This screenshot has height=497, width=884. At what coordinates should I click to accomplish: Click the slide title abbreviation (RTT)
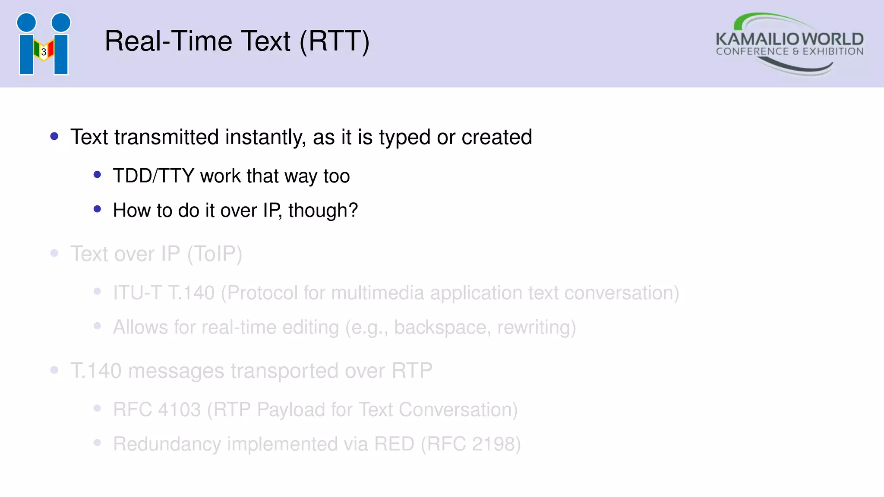coord(335,42)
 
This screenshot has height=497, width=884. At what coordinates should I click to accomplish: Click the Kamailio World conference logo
coord(789,44)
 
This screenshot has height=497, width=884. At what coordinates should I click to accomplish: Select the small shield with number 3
coord(44,52)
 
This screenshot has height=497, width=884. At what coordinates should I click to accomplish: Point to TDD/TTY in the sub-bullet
coord(154,176)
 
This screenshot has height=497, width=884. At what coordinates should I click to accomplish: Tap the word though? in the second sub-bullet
coord(323,211)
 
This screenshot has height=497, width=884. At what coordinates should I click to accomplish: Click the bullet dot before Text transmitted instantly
coord(54,137)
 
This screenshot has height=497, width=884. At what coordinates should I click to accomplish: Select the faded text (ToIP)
coord(215,254)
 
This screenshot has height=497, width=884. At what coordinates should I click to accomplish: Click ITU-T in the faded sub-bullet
coord(137,293)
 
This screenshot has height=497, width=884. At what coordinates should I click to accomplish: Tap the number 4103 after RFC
coord(179,410)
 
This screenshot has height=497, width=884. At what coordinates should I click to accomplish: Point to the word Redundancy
coord(167,444)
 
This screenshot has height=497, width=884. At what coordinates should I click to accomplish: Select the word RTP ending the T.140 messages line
coord(412,371)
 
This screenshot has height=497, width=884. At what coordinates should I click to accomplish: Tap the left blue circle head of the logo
coord(26,22)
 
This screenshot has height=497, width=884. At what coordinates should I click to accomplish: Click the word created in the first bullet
coord(496,137)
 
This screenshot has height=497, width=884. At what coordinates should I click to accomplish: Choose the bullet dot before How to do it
coord(97,210)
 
